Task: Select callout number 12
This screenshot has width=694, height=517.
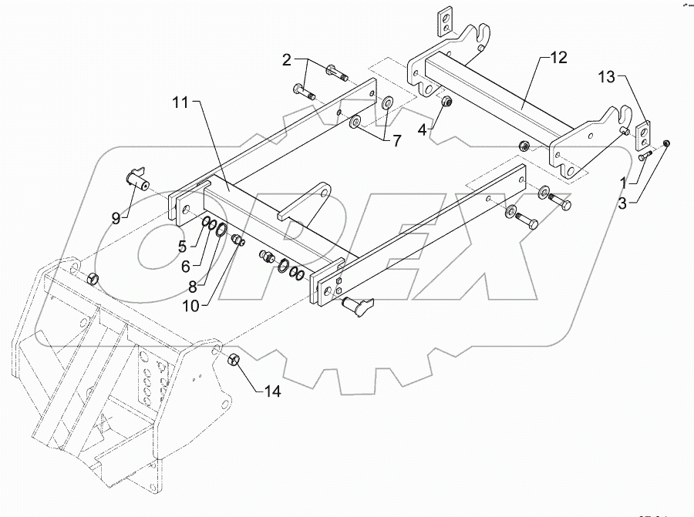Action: click(558, 58)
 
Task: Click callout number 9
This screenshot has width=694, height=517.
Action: click(116, 218)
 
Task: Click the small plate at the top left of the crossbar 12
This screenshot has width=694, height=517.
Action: click(445, 23)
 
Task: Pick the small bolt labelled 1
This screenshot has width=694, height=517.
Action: click(645, 156)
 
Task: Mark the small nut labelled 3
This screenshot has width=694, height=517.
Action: click(668, 143)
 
